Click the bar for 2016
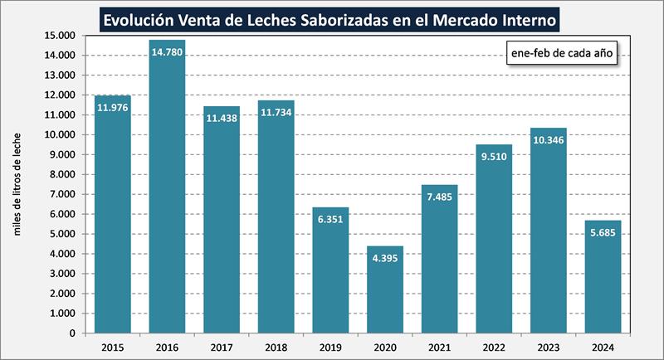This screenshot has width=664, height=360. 167,187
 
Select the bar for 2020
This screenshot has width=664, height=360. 384,289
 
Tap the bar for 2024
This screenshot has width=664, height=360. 602,277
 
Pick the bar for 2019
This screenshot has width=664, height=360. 330,270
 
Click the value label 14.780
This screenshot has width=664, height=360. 167,51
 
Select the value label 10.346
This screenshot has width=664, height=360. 548,140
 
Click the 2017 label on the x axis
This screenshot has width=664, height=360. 222,348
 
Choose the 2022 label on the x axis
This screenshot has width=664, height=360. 493,348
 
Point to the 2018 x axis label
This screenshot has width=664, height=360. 276,348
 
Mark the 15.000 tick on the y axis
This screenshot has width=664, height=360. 60,36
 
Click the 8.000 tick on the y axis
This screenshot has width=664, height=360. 62,174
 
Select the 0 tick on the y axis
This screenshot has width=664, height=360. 73,333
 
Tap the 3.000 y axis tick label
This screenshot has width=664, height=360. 62,274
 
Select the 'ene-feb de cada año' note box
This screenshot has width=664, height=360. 560,52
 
